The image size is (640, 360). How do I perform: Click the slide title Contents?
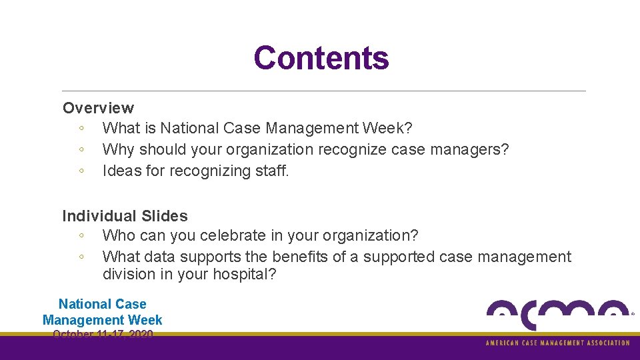(321, 58)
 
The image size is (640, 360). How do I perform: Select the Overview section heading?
(98, 108)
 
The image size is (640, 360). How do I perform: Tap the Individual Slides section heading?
(125, 216)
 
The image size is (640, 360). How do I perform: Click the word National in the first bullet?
(188, 128)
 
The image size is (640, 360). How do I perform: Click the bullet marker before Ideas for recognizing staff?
(80, 171)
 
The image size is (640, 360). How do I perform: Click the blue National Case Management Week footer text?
(102, 312)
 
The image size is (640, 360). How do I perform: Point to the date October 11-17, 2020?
(103, 334)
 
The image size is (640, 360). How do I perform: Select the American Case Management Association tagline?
(557, 343)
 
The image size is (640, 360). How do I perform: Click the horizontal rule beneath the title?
(323, 91)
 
